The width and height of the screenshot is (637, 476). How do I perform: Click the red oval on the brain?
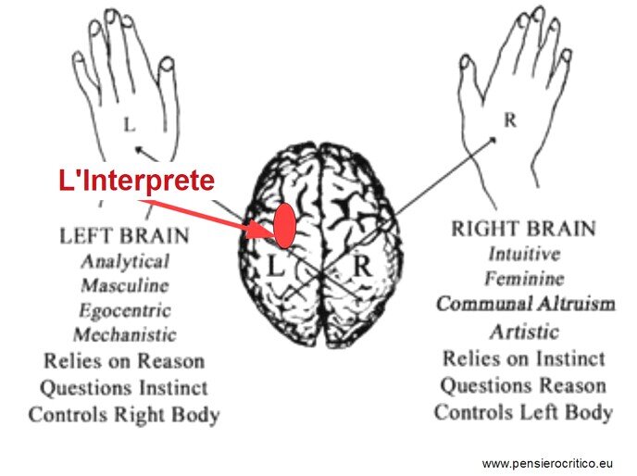pos(284,226)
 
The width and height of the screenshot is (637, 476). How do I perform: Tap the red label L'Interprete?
pos(136,180)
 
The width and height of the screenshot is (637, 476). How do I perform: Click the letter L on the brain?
pos(275,266)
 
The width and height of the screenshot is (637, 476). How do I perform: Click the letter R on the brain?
pos(362,266)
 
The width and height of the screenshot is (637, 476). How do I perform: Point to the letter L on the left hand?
pos(130,124)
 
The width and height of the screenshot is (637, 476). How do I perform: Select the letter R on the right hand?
pos(510,120)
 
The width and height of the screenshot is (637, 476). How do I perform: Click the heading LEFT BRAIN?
pos(124,236)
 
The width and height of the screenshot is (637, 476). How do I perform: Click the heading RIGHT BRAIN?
pos(524,228)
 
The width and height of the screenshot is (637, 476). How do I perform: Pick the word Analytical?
pos(125,261)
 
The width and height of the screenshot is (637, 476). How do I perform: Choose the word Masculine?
pos(125,285)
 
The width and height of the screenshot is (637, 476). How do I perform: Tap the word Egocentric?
pos(125,311)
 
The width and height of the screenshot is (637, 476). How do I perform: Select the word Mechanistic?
pos(125,334)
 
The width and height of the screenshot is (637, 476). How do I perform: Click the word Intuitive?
pos(524,254)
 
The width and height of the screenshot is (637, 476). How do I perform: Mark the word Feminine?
pos(524,279)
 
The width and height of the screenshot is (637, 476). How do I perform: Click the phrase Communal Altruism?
pos(526,304)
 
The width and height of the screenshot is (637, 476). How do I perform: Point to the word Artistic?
pos(524,332)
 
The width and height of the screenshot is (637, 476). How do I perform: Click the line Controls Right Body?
pos(124,415)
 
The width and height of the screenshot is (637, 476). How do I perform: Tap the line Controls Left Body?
pos(524,413)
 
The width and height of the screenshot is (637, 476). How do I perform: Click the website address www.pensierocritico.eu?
pos(547,463)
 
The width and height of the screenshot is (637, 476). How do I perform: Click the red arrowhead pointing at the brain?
pos(260,230)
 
